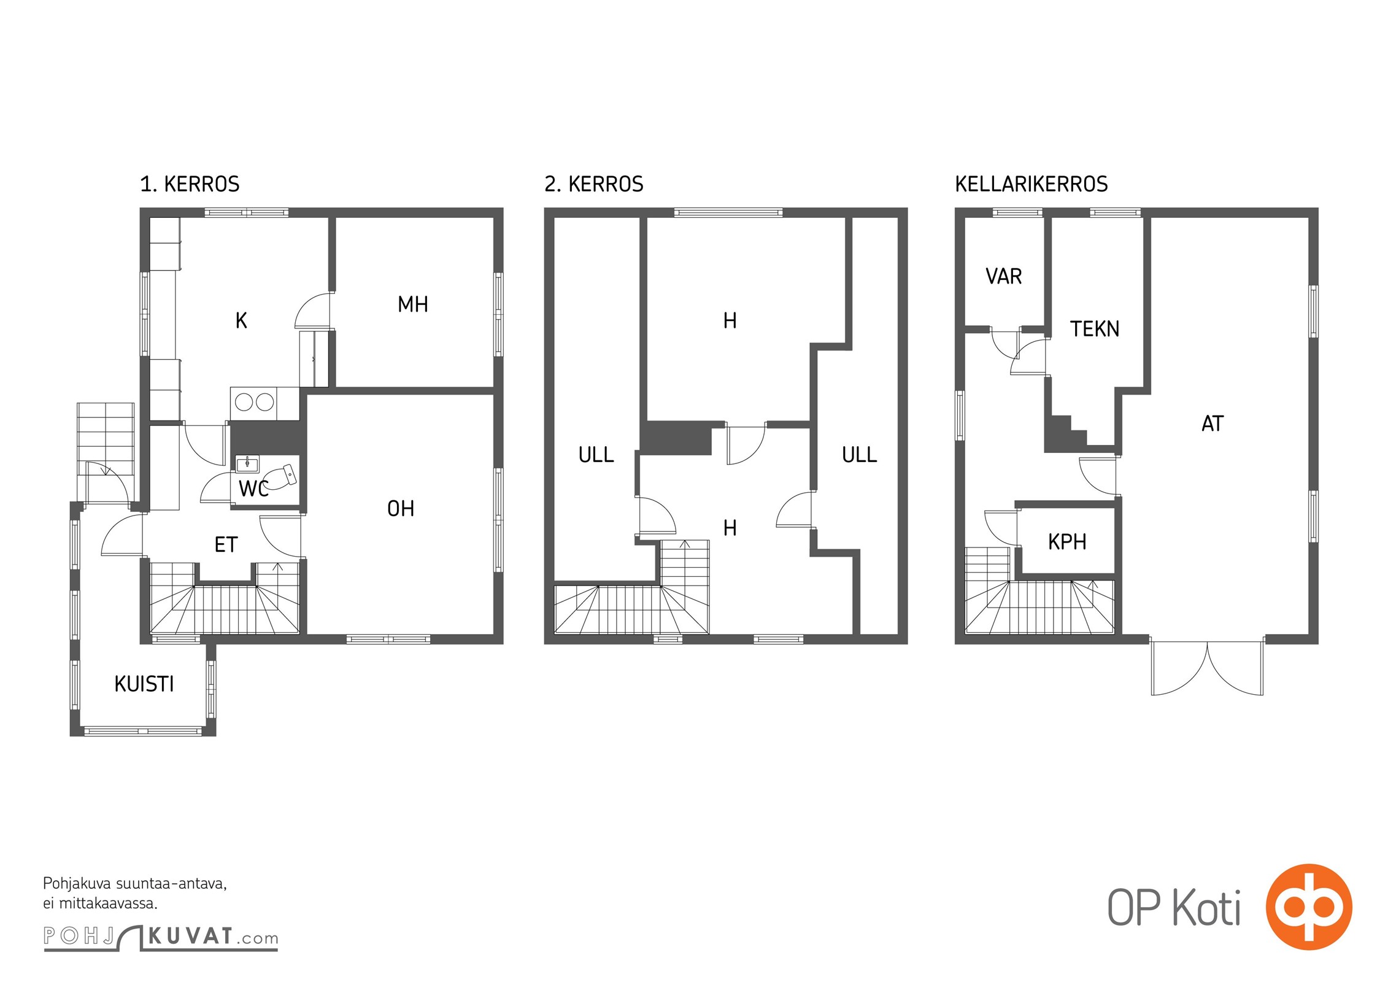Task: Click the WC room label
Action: (x=253, y=489)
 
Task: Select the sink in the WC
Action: (x=247, y=464)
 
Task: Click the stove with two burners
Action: (x=254, y=403)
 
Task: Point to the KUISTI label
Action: (x=144, y=684)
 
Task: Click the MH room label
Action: (x=413, y=304)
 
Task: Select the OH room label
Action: (x=401, y=508)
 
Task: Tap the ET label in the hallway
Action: (x=226, y=544)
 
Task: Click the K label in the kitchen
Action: (x=241, y=320)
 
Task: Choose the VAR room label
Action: (x=1004, y=276)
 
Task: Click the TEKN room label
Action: (x=1095, y=329)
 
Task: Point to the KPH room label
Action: (x=1067, y=542)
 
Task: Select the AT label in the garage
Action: (x=1213, y=423)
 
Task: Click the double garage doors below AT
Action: (x=1208, y=667)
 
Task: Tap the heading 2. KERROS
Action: (x=594, y=184)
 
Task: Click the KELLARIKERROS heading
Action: (x=1031, y=184)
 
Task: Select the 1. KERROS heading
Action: (x=190, y=184)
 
